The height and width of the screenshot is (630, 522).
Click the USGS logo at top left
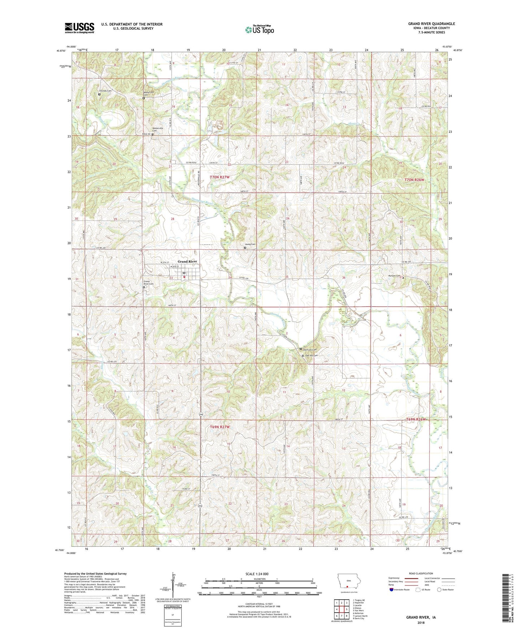pos(79,28)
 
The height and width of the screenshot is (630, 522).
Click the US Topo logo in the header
pos(259,30)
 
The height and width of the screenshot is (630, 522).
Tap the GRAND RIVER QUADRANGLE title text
pos(431,24)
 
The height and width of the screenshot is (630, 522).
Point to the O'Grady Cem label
pos(105,91)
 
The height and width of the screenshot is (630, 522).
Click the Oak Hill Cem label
pos(311,355)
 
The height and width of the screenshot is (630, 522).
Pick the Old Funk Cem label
pos(309,349)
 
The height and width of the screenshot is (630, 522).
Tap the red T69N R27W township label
pos(220,427)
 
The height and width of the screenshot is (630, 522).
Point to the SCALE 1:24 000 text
pos(257,574)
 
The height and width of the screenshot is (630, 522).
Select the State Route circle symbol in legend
pos(439,590)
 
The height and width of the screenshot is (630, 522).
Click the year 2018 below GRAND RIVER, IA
pos(420,622)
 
